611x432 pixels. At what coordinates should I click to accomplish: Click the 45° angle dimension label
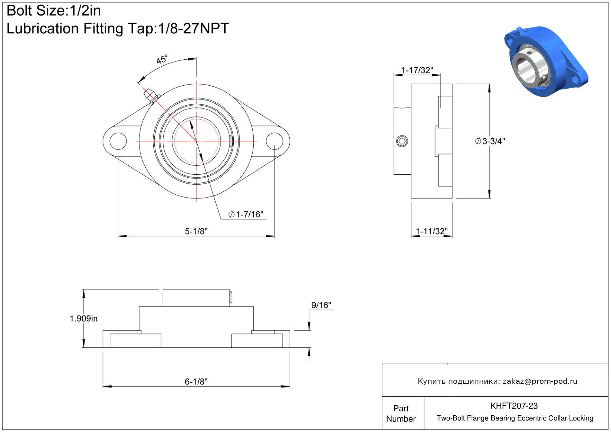pos(162,59)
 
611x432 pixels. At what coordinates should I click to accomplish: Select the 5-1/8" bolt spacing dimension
pos(196,231)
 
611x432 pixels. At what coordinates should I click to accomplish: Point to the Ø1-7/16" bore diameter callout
pos(246,214)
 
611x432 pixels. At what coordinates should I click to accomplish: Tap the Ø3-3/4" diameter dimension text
pos(490,141)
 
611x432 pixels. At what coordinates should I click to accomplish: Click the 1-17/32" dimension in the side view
pos(417,70)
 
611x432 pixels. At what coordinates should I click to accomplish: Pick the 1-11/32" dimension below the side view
pos(431,231)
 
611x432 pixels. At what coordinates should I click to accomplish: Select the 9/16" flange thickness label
pos(321,305)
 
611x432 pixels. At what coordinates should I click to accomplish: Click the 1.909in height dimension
pos(83,318)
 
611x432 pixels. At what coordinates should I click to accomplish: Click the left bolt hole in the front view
pos(118,141)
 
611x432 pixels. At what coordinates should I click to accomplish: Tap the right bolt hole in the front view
pos(275,141)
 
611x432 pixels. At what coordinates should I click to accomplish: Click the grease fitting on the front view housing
pos(152,96)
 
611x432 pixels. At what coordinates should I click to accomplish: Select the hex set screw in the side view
pos(402,141)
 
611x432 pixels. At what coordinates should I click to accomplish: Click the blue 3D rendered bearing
pos(546,61)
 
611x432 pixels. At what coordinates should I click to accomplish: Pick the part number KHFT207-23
pos(514,406)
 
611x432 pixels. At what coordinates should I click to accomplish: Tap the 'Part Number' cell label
pos(401,413)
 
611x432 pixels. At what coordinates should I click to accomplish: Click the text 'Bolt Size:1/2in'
pos(54,11)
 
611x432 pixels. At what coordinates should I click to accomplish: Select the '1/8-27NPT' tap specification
pos(193,28)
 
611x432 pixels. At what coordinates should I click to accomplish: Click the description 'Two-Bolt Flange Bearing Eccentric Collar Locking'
pos(515,418)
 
